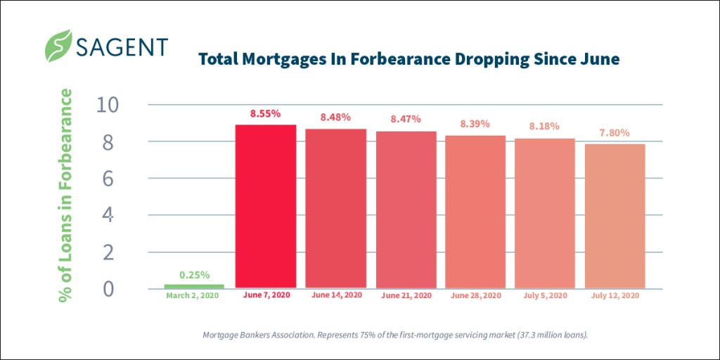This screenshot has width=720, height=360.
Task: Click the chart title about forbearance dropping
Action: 409,59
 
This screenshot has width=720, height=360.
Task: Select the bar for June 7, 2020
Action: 265,206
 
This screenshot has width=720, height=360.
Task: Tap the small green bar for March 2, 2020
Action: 194,286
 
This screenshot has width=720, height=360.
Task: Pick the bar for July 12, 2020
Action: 615,216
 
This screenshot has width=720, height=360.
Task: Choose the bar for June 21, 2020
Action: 406,210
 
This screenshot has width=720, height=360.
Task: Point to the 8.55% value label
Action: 265,112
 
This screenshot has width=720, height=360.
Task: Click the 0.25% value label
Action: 194,275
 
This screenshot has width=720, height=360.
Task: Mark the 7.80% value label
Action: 615,132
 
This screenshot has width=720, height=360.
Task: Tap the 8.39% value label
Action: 475,124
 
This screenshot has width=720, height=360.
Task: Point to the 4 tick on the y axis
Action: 108,215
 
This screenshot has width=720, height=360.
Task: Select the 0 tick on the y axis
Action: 108,289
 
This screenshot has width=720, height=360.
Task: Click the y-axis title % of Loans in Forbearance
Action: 67,196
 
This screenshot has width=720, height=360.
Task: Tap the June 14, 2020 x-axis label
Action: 335,295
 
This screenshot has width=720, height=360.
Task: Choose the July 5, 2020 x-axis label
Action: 544,295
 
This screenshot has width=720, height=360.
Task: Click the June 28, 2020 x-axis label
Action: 475,295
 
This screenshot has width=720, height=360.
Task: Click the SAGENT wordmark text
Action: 122,46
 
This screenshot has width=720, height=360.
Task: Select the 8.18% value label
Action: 544,127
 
